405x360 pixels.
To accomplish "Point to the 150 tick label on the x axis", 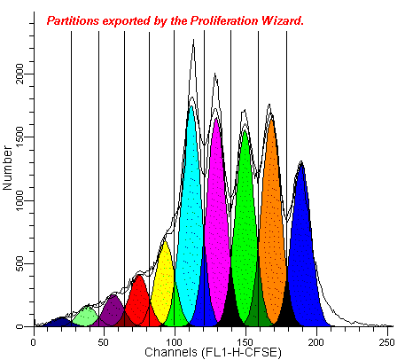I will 245,340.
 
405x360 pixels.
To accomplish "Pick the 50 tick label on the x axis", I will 103,340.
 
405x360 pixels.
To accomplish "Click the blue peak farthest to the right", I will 302,248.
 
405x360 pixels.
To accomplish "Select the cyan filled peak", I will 191,213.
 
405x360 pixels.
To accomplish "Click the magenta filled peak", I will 216,222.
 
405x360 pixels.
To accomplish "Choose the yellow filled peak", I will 164,284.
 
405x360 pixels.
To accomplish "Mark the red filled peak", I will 138,301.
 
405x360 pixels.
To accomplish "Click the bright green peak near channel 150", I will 245,222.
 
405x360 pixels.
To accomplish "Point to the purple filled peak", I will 112,310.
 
